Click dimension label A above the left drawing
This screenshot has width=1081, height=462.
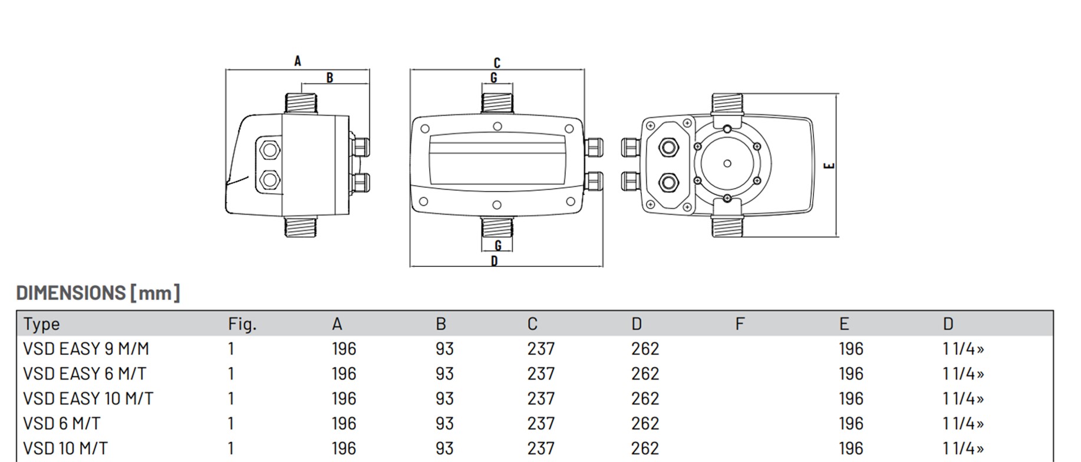click(x=298, y=61)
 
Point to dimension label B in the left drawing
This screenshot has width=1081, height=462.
click(x=329, y=77)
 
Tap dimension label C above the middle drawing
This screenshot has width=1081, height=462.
click(x=497, y=62)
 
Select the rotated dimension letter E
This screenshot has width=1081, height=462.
click(x=829, y=166)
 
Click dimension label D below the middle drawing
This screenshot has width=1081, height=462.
click(x=494, y=260)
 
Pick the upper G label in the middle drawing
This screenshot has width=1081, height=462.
click(x=494, y=78)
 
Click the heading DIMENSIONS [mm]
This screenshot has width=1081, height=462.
click(x=98, y=293)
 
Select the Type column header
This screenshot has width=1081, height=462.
click(x=42, y=324)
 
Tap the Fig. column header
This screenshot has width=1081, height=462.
click(x=242, y=324)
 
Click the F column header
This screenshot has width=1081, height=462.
click(x=740, y=324)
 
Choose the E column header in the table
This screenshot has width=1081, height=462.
click(x=844, y=324)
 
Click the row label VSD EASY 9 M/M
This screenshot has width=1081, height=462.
click(x=86, y=349)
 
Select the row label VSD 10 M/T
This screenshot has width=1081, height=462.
click(x=65, y=448)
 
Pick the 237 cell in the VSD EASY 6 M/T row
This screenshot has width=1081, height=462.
click(x=541, y=374)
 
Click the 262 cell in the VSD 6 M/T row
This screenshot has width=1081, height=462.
click(x=645, y=424)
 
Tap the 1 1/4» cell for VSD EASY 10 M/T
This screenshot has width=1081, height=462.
click(x=963, y=399)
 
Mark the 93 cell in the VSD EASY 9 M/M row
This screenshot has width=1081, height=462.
click(x=444, y=349)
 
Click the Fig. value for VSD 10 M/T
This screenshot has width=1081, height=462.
click(x=231, y=448)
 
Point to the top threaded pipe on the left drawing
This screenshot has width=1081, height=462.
click(x=301, y=103)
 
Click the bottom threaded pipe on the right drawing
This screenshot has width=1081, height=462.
click(x=727, y=226)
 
